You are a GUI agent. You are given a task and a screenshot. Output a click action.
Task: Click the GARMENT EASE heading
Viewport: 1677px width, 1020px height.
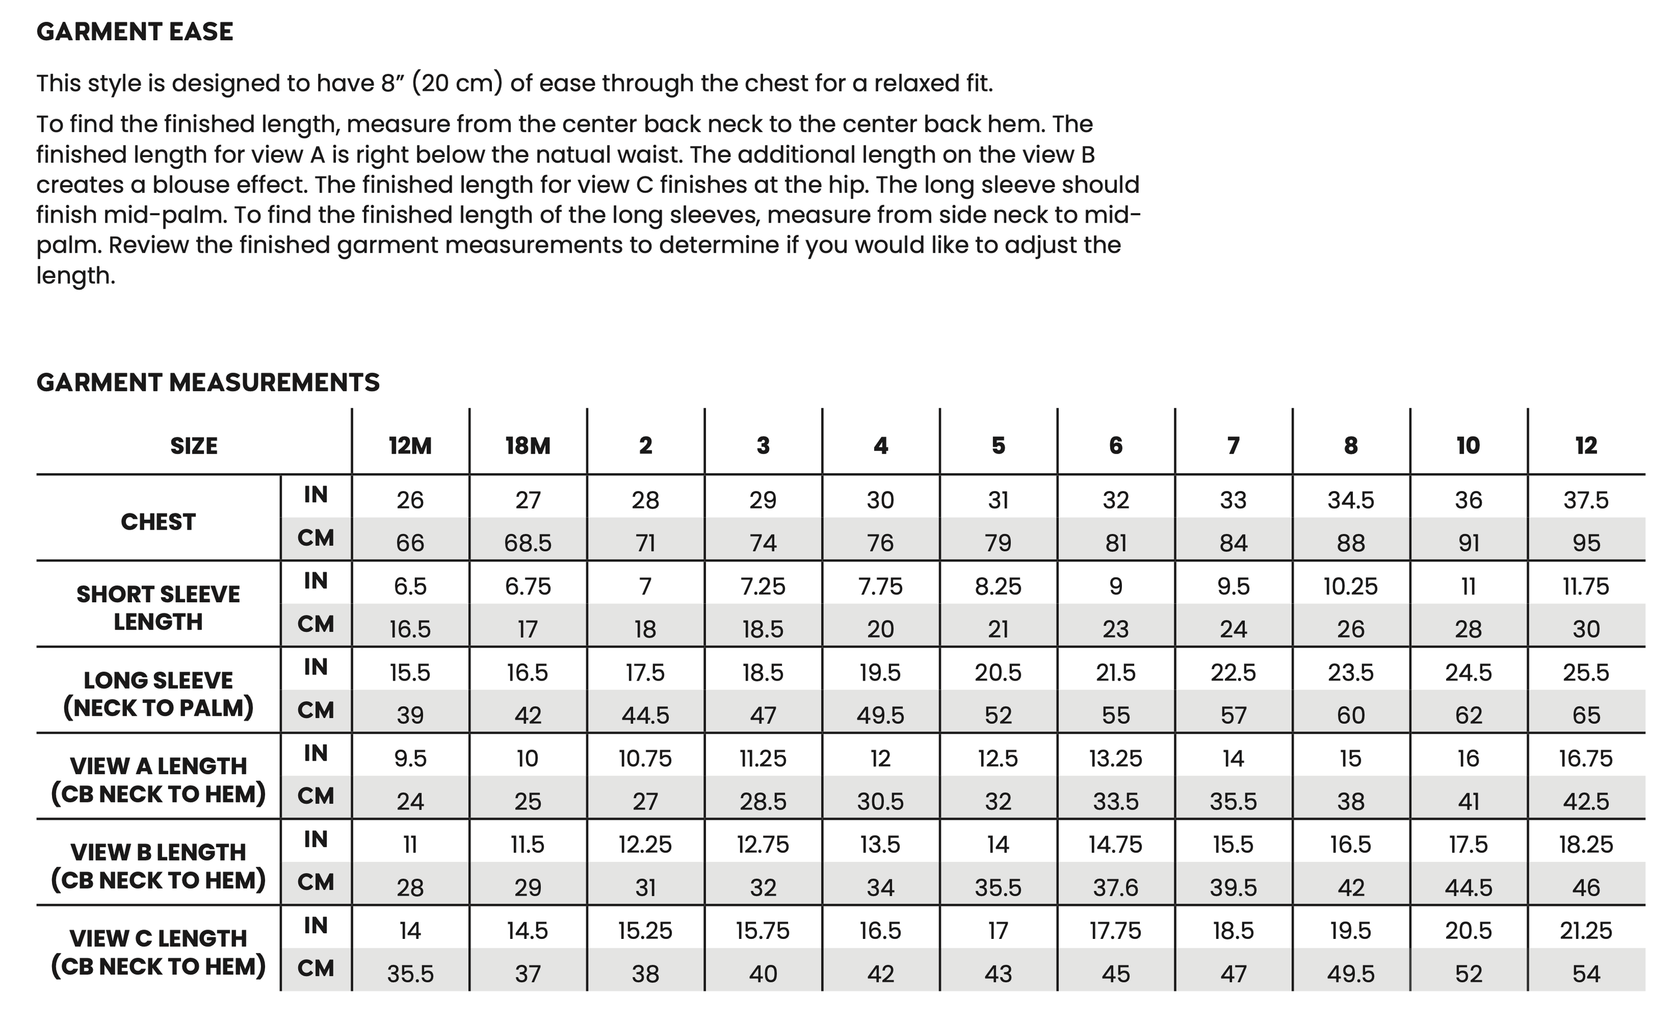[135, 32]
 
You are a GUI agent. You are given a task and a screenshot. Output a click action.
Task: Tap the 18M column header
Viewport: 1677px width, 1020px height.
[528, 446]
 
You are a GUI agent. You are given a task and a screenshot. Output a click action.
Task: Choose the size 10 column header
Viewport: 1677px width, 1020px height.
[1468, 446]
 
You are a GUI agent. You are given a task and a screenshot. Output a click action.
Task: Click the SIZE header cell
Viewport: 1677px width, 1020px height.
[194, 446]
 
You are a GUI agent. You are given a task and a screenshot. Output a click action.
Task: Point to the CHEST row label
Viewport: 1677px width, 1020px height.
[158, 522]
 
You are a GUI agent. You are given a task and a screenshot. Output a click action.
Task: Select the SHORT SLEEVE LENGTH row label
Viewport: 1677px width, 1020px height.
[158, 607]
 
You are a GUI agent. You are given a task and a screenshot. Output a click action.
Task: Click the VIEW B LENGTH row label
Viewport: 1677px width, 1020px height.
[158, 866]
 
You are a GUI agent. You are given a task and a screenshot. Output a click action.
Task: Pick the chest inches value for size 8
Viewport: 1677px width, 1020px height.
[1351, 500]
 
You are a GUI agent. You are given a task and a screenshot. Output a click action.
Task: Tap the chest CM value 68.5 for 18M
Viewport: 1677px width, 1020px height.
[528, 544]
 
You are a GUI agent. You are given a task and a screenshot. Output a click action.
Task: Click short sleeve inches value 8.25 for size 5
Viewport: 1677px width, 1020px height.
[998, 586]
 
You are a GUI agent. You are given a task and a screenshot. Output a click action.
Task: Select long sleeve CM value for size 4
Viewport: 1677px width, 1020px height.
[880, 716]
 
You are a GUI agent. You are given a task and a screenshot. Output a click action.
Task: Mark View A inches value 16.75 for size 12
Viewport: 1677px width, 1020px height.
[1586, 758]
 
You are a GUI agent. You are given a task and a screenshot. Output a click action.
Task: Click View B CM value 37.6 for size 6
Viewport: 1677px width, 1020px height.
[1116, 888]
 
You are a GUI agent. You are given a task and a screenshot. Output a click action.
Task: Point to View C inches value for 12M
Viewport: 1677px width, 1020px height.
[410, 931]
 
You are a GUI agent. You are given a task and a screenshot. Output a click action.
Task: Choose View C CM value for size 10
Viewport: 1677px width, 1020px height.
[1468, 974]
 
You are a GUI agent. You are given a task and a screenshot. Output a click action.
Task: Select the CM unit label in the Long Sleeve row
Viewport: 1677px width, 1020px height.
[316, 711]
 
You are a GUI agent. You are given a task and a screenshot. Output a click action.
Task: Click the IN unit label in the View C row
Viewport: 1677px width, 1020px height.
[316, 926]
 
